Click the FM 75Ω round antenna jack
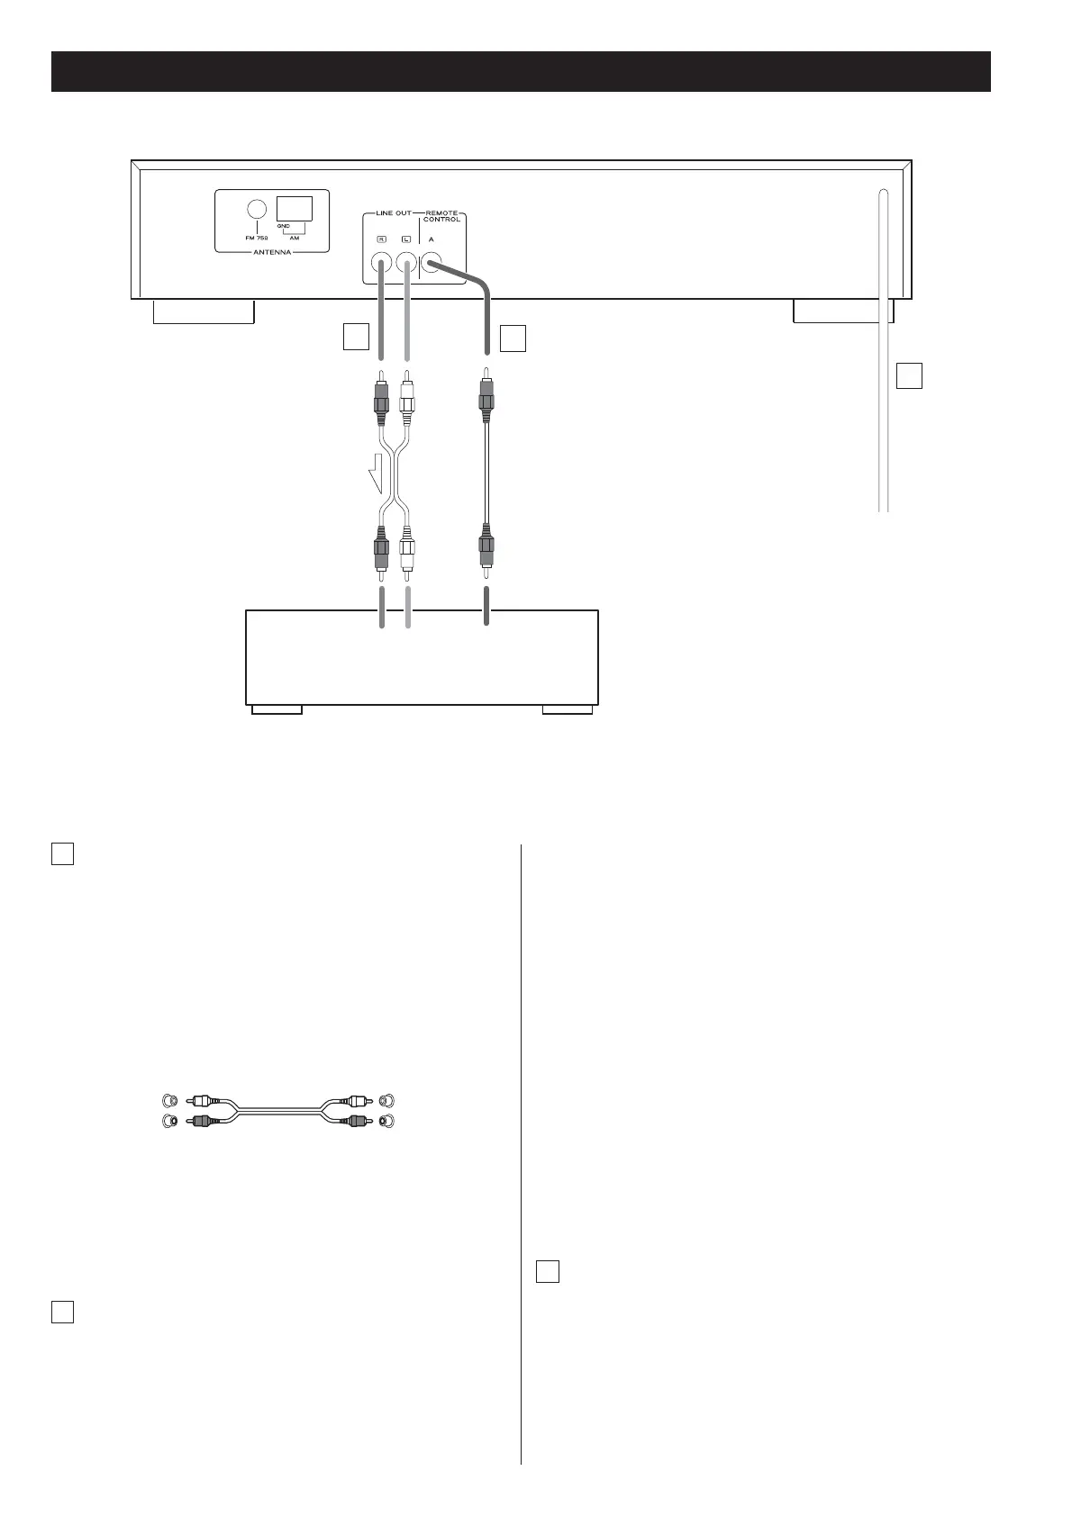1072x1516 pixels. click(256, 209)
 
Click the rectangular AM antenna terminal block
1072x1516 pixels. click(294, 208)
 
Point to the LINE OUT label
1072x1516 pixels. click(393, 213)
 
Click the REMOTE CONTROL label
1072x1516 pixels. click(441, 216)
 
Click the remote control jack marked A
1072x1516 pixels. click(432, 264)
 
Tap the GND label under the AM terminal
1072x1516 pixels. click(283, 226)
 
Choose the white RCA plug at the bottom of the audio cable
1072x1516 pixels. click(408, 552)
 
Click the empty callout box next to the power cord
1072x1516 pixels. click(910, 375)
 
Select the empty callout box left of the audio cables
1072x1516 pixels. click(357, 337)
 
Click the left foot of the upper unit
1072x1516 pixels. click(204, 311)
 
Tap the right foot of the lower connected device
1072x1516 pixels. click(568, 709)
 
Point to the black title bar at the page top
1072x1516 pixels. click(521, 72)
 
